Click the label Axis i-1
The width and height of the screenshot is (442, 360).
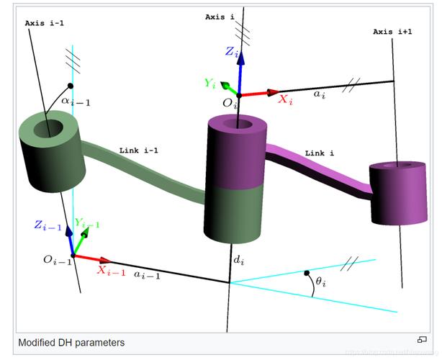45,23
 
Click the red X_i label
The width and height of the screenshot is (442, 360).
286,100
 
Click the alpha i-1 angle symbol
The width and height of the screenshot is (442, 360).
76,102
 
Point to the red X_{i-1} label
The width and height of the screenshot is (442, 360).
111,271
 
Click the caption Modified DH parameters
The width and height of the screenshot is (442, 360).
71,343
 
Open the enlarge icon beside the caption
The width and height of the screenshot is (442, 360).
422,340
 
